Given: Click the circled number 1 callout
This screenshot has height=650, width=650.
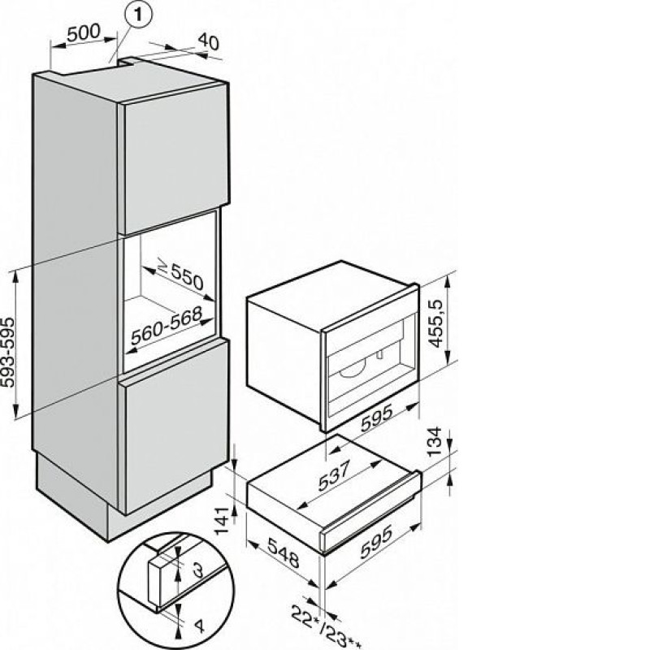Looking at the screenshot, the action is pos(138,15).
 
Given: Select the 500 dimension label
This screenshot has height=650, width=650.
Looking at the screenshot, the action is pos(84,32).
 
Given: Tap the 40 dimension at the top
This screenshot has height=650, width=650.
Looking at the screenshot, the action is pos(209,41).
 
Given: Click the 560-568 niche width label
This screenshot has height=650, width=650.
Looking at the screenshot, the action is pos(167,325).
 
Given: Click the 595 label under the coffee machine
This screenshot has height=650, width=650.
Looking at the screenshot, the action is pos(377,418).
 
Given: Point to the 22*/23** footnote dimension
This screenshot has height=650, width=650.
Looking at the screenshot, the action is pos(326,627).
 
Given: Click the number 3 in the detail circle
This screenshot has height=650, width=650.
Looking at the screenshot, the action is pos(198,571).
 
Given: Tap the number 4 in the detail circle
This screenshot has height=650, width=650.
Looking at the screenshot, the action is pos(199,625).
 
